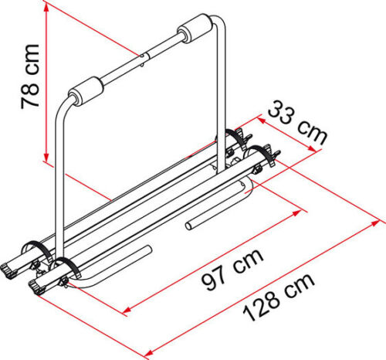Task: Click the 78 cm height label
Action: (x=30, y=76)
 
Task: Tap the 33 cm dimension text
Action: (x=296, y=122)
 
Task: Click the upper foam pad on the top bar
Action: (x=195, y=28)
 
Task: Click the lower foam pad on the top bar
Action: (x=86, y=90)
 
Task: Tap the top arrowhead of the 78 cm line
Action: (x=46, y=8)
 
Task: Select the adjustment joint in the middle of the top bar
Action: (x=144, y=59)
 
